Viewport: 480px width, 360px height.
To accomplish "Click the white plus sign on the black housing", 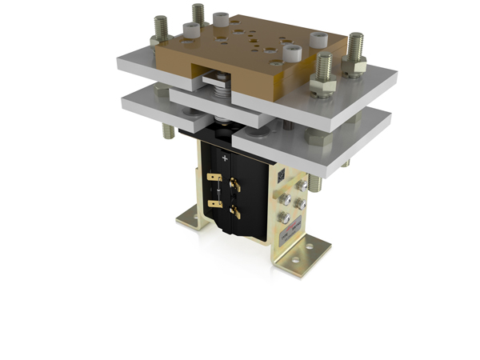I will pos(225,159).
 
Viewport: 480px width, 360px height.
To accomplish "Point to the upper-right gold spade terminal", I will pos(235,185).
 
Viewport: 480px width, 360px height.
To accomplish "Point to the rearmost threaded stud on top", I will pos(198,14).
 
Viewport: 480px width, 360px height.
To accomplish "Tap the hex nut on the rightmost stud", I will pos(353,65).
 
